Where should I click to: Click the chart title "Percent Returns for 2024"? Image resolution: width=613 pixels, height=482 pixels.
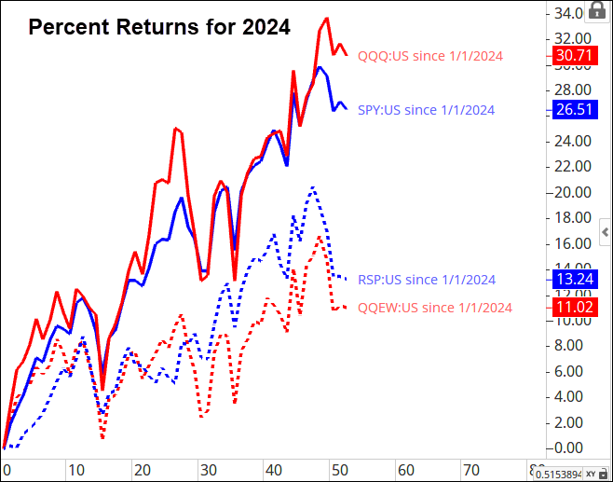coord(159,28)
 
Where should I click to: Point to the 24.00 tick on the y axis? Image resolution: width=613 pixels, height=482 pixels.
coord(567,141)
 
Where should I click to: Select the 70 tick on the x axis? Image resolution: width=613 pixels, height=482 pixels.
coord(472,469)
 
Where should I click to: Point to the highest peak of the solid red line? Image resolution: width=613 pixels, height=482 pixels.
coord(326,18)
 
